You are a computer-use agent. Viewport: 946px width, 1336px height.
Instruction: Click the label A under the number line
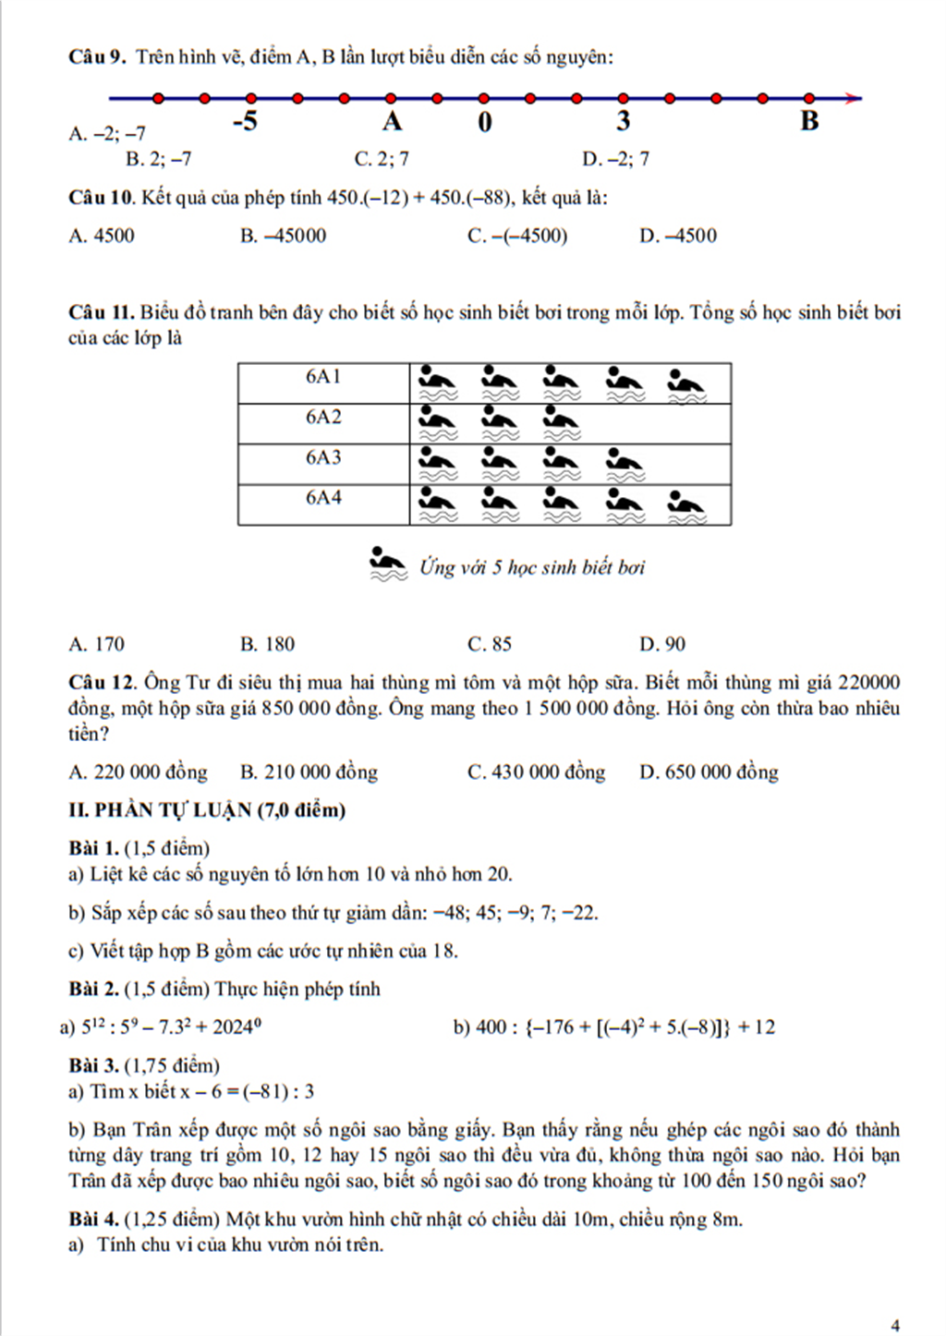pos(393,122)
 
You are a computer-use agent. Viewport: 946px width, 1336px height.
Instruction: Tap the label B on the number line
pos(809,121)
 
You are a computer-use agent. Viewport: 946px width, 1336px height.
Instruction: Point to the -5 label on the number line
pos(245,122)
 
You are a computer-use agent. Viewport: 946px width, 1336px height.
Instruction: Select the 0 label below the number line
pos(485,122)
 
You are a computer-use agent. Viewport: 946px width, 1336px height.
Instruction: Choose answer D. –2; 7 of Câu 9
pos(615,159)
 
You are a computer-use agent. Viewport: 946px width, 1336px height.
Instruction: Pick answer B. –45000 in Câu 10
pos(283,236)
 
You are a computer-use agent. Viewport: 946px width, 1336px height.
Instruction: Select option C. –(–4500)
pos(517,236)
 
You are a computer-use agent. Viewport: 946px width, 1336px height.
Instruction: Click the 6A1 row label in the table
pos(323,376)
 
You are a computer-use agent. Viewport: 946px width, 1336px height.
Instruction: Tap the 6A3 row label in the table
pos(323,457)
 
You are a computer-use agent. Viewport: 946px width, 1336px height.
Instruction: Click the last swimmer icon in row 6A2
pos(561,421)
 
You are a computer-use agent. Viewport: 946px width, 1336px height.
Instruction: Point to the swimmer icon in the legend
pos(388,565)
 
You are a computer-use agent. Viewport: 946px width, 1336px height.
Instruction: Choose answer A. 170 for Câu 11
pos(96,644)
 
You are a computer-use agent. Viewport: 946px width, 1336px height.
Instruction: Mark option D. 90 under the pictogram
pos(661,644)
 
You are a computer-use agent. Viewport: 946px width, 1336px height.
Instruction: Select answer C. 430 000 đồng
pos(536,772)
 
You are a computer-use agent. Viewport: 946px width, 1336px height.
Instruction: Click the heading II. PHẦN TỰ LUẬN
pos(207,810)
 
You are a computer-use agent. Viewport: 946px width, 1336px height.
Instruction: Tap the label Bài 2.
pos(93,990)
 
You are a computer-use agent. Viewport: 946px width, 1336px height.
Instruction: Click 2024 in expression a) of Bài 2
pos(233,1027)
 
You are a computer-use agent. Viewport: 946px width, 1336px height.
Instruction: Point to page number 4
pos(894,1325)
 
